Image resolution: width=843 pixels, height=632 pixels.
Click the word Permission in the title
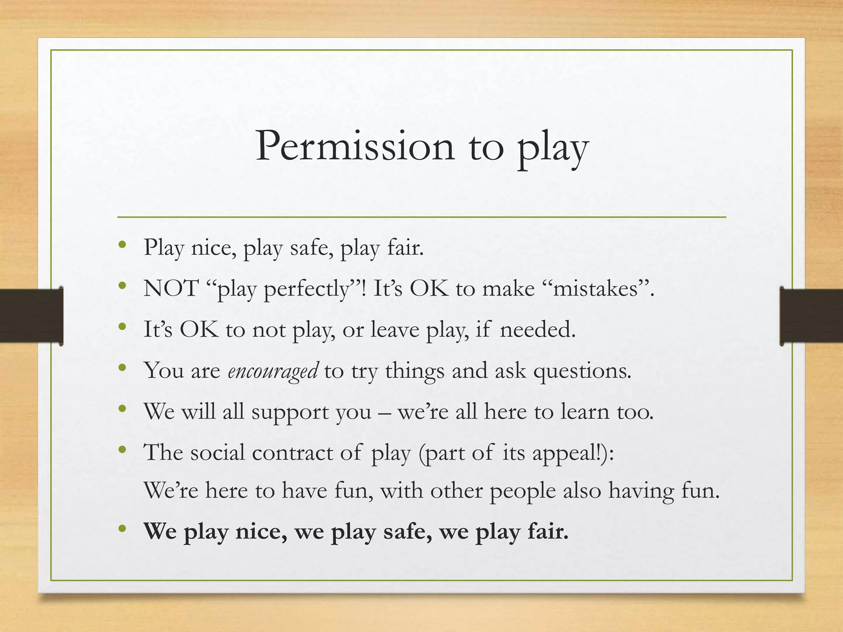point(355,146)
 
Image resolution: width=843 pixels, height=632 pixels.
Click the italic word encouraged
point(273,370)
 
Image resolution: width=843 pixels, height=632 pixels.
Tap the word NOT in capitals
point(171,288)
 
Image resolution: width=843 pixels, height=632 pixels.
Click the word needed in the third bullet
point(537,329)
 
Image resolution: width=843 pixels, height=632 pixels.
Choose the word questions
point(582,371)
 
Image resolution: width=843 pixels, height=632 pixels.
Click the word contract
point(292,452)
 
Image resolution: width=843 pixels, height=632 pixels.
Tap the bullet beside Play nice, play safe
point(122,245)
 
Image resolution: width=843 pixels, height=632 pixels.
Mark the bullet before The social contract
point(122,450)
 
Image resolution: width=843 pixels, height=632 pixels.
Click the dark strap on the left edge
point(31,316)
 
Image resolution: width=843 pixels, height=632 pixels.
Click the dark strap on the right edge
point(811,316)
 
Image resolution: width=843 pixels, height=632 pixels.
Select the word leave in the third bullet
point(395,329)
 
